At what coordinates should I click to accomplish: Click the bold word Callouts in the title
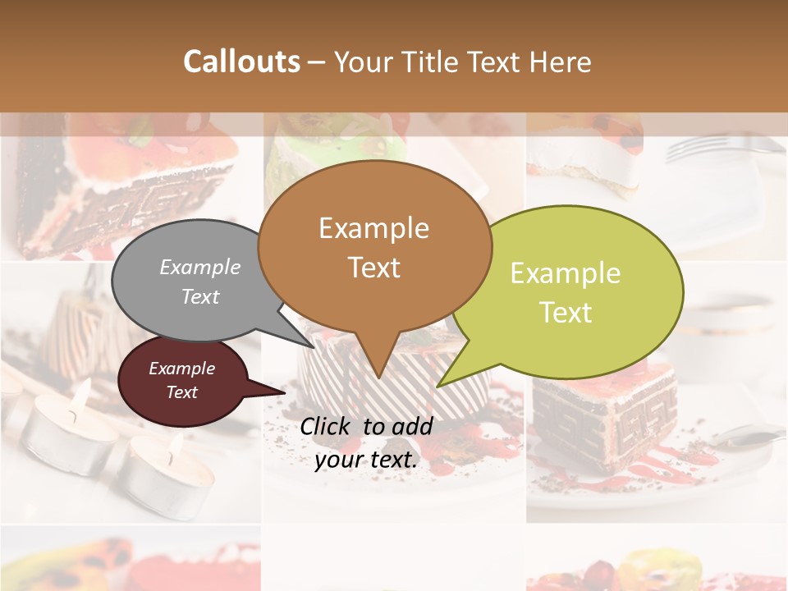241,62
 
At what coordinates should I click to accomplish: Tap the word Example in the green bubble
566,273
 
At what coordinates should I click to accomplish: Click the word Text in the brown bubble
374,268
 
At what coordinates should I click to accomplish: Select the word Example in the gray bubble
200,267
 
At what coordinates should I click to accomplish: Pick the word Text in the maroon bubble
182,392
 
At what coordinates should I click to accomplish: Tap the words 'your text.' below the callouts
366,460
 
